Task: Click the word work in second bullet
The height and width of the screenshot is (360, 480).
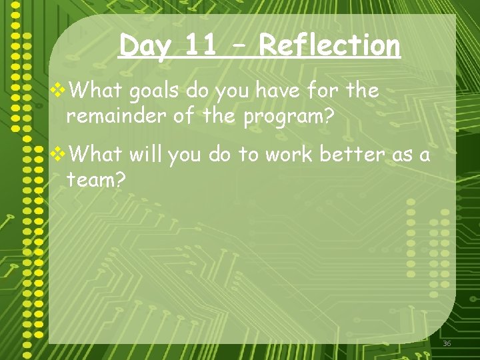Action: pos(290,155)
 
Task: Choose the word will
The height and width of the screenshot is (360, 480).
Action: pos(145,155)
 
